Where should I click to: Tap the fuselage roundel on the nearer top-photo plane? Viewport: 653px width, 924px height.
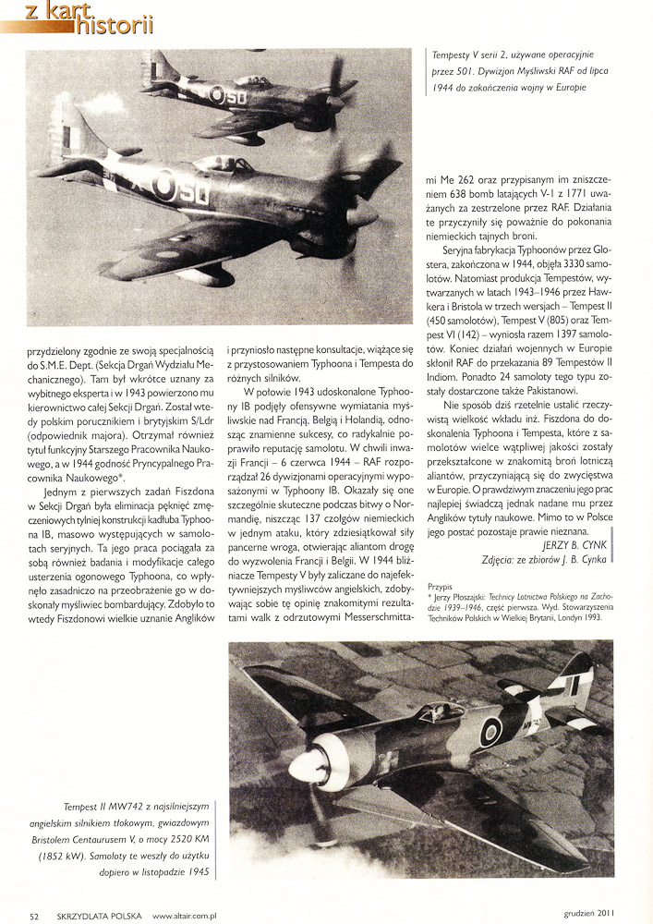click(165, 186)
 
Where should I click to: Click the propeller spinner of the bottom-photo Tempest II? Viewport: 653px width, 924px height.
click(304, 766)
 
